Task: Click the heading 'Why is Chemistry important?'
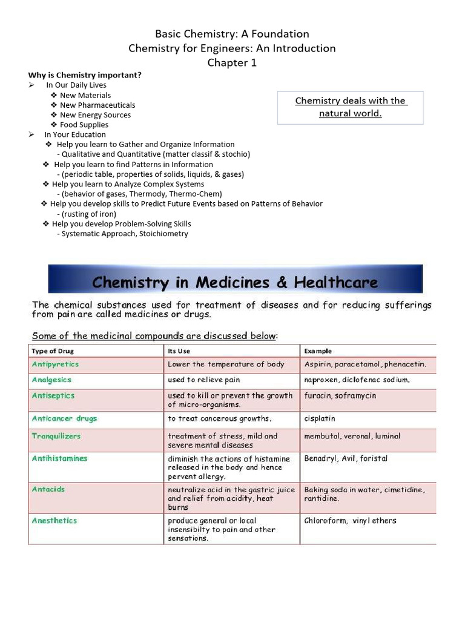point(85,75)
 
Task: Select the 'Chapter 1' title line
point(232,62)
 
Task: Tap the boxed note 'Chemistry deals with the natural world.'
point(351,107)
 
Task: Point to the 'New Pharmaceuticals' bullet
point(97,105)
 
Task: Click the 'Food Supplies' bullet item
point(84,125)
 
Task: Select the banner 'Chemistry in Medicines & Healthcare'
point(235,282)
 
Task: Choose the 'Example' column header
point(318,351)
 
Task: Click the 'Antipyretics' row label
point(55,364)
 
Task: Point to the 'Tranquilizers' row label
point(56,436)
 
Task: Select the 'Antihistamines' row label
point(59,458)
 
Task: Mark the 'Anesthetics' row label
point(54,521)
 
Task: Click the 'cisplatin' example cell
point(320,418)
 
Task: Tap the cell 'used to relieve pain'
point(204,380)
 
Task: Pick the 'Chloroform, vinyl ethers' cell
point(350,521)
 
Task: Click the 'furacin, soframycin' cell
point(340,395)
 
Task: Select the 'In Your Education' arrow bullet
point(74,134)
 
